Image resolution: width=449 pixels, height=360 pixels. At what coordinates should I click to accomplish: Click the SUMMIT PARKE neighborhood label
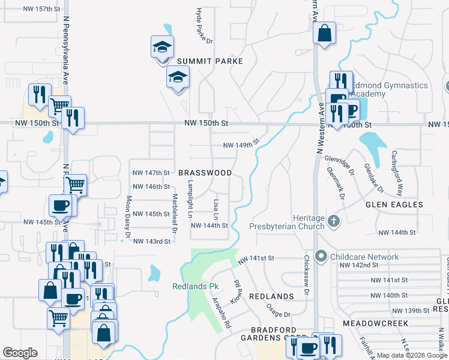click(209, 61)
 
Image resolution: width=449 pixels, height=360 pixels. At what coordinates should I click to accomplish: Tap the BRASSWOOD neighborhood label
click(205, 173)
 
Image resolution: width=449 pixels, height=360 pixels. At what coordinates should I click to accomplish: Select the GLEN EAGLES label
click(395, 205)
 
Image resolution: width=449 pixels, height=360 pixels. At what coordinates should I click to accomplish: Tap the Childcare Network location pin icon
click(321, 257)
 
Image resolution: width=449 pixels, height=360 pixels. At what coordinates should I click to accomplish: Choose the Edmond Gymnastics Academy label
click(390, 90)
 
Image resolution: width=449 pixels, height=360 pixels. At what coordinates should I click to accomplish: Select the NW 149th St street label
click(241, 145)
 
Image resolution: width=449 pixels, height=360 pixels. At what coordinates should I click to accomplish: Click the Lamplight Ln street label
click(190, 199)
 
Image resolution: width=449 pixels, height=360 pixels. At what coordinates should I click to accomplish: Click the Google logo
click(20, 353)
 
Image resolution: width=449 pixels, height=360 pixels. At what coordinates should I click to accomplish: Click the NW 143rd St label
click(151, 241)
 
